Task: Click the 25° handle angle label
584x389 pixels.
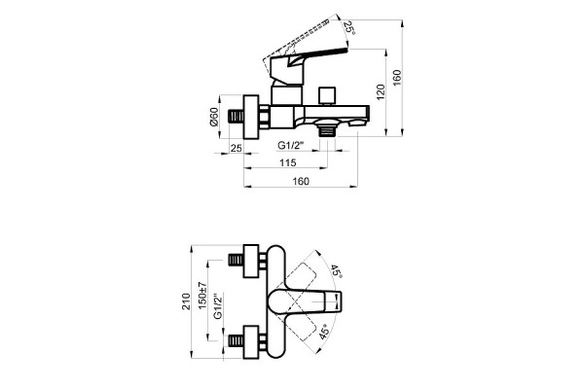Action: [349, 27]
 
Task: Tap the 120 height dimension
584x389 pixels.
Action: [381, 92]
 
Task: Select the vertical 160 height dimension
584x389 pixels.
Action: [397, 78]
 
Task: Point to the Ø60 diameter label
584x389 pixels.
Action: [214, 117]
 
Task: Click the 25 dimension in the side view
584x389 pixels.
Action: [237, 148]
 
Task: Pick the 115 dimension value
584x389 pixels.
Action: [288, 162]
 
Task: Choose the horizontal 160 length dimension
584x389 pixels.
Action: [301, 181]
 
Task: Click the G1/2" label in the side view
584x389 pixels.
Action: [291, 145]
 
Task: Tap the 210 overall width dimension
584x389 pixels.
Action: [186, 301]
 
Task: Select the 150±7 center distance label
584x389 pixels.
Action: [202, 296]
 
